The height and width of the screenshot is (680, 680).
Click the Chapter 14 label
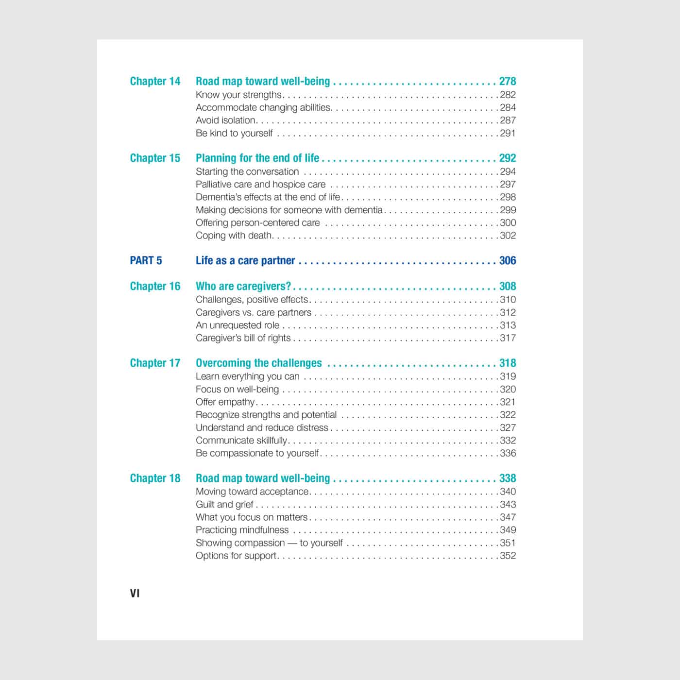[x=155, y=81]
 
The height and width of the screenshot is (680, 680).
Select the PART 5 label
[x=146, y=261]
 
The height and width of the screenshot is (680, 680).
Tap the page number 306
[x=508, y=261]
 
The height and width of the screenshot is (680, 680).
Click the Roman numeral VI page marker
[x=135, y=593]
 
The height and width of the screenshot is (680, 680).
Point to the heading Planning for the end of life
[x=257, y=158]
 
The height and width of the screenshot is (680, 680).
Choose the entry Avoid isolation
[x=225, y=120]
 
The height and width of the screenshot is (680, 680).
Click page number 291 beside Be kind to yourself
[x=508, y=133]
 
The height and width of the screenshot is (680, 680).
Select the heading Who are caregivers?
[x=243, y=286]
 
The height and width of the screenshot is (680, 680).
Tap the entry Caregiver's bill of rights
[x=243, y=338]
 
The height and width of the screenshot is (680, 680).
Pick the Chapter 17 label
[x=155, y=363]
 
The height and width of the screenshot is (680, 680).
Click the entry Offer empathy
[x=225, y=402]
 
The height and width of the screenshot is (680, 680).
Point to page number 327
[x=508, y=428]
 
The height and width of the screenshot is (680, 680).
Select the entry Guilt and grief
[x=224, y=505]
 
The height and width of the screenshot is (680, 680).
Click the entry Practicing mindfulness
[x=242, y=530]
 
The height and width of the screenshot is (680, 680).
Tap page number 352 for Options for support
[x=508, y=556]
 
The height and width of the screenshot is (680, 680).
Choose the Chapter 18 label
[x=155, y=478]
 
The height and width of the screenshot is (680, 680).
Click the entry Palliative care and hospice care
[x=260, y=185]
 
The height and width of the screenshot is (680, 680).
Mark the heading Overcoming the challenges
[x=258, y=363]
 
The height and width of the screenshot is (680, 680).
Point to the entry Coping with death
[x=233, y=236]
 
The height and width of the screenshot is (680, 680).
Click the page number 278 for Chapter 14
[x=508, y=81]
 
